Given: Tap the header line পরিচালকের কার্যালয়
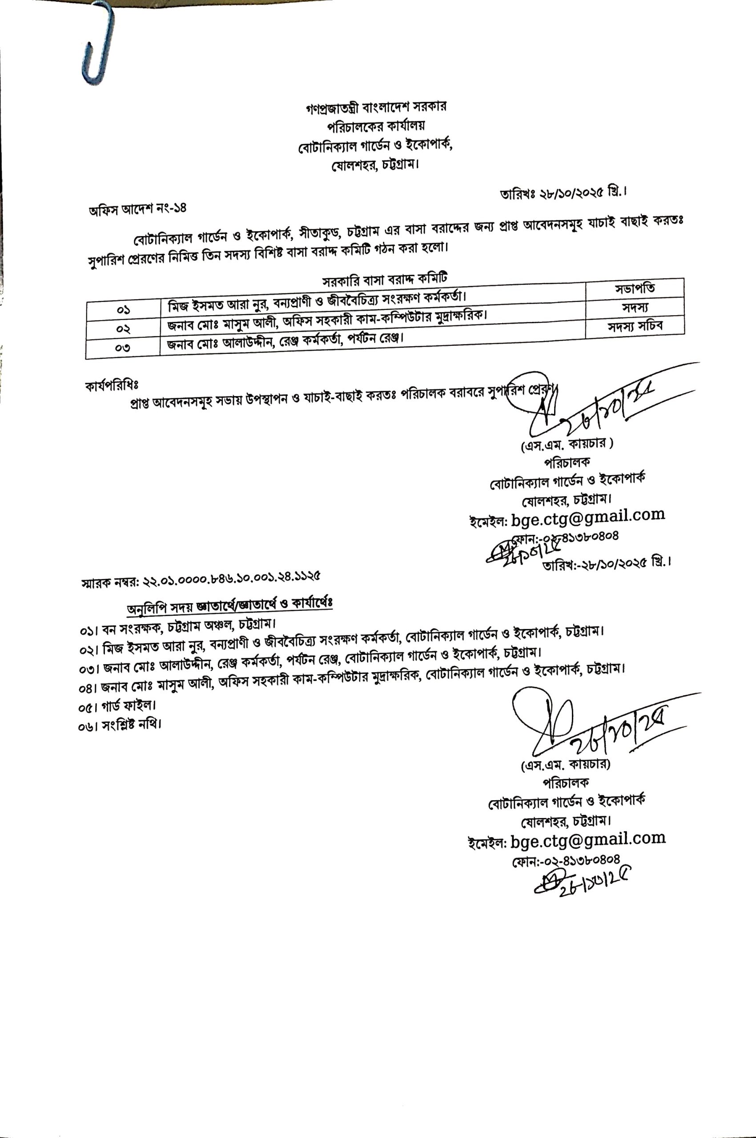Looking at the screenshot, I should tap(376, 126).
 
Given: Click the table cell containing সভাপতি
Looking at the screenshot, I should tap(635, 288).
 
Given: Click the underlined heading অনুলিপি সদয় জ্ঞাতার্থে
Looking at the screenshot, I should tap(229, 606).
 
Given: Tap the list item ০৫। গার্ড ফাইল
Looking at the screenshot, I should tap(117, 707).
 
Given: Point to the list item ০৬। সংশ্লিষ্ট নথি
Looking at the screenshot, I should tap(120, 725).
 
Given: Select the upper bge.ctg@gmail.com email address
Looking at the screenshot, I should tap(588, 516).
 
